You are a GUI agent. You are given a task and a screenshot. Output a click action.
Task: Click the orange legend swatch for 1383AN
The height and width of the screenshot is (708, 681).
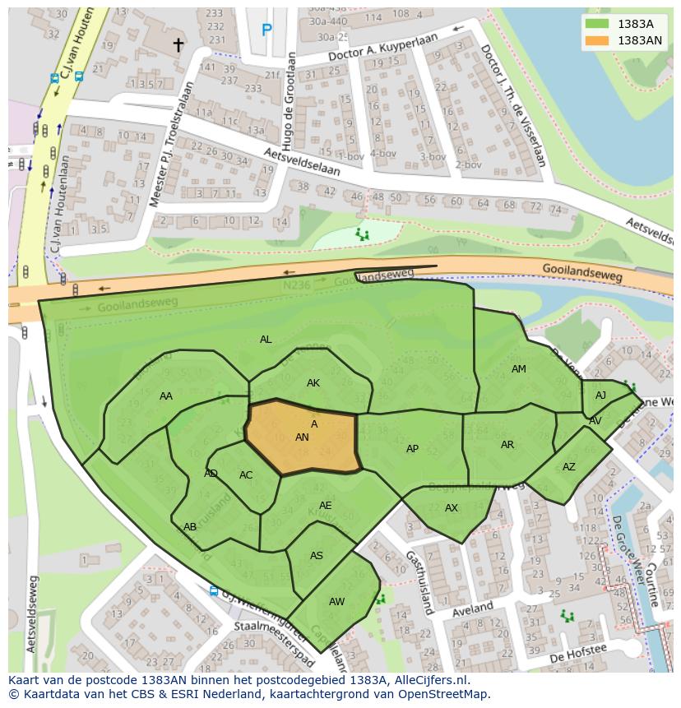point(598,40)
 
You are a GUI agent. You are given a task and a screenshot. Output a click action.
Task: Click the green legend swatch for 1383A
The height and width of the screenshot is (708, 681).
point(598,24)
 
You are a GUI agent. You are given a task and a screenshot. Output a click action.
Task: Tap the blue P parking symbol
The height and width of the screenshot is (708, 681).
point(266,30)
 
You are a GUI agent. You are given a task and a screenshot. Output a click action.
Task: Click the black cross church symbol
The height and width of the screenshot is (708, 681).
point(178,45)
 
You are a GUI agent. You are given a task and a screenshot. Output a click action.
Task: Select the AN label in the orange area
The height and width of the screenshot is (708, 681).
point(302,437)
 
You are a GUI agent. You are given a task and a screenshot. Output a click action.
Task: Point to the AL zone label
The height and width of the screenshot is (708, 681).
point(266,340)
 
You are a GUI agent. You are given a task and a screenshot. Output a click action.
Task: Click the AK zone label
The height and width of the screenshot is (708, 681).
point(313,383)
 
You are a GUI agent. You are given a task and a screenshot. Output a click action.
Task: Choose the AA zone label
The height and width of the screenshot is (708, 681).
point(166,396)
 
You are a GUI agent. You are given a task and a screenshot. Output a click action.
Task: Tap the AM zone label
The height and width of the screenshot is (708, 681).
point(518,369)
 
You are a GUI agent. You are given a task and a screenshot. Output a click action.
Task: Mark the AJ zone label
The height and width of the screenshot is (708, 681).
point(600,396)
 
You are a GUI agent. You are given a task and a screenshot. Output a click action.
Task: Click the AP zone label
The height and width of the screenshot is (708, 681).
point(412,449)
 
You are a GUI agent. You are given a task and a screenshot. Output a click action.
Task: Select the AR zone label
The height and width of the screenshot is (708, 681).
point(507,445)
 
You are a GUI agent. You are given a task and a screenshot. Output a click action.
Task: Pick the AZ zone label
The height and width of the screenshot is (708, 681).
point(569,467)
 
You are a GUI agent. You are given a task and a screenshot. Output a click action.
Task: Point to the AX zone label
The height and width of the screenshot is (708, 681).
point(452,508)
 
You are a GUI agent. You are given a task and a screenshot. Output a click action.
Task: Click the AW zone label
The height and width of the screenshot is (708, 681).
point(336,602)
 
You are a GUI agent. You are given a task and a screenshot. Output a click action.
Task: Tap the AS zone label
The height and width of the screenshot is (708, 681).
point(317,556)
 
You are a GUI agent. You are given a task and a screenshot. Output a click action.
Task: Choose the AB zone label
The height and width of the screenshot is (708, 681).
point(190,527)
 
